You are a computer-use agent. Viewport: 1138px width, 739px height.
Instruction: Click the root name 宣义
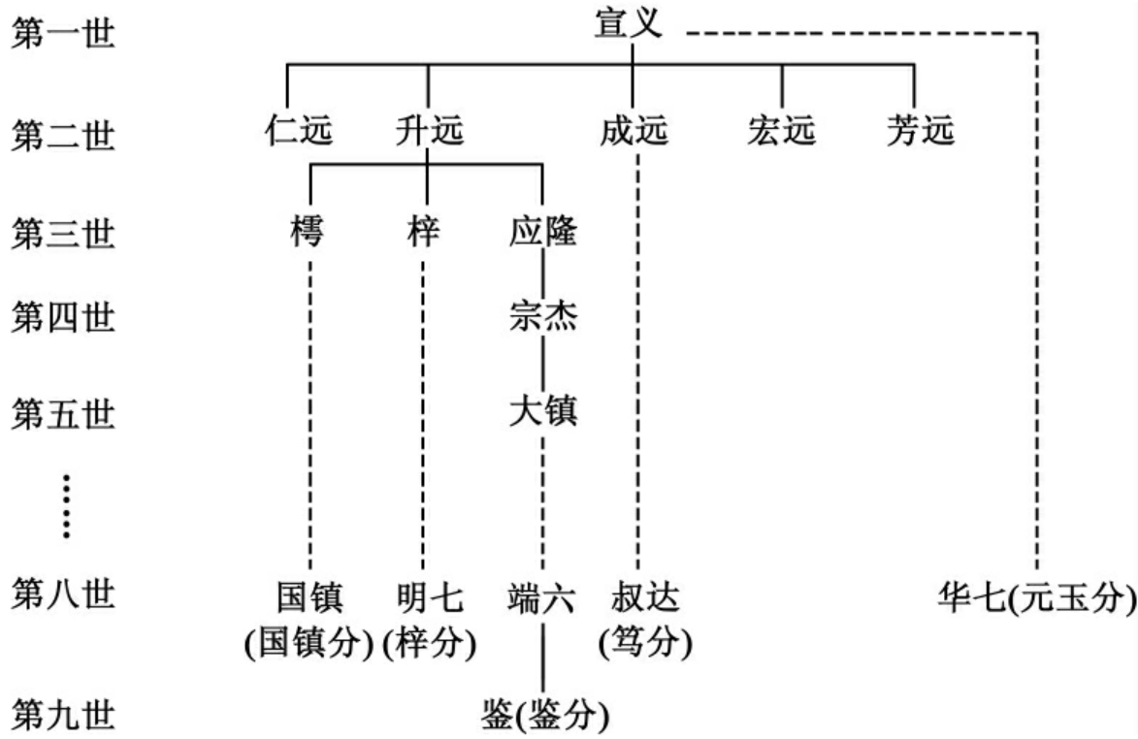click(x=629, y=24)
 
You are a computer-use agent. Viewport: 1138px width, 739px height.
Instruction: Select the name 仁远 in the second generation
click(x=299, y=130)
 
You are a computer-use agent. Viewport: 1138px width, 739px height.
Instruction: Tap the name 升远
click(x=430, y=130)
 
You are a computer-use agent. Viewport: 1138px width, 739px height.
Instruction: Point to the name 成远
click(x=635, y=130)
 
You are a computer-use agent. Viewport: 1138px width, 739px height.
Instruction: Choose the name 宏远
click(x=782, y=130)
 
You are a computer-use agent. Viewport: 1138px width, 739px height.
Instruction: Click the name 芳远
click(x=920, y=130)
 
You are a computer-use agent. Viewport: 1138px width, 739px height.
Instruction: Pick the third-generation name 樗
click(x=309, y=234)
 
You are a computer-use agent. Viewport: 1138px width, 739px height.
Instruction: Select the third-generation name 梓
click(x=423, y=234)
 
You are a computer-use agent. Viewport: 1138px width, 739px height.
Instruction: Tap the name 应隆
click(x=542, y=234)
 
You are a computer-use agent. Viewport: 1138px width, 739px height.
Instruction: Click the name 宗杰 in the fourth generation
click(x=542, y=316)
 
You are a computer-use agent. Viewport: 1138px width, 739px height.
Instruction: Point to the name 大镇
click(x=542, y=411)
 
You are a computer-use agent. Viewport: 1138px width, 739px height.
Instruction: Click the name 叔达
click(x=645, y=598)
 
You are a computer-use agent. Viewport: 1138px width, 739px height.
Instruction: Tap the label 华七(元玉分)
click(x=1035, y=598)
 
